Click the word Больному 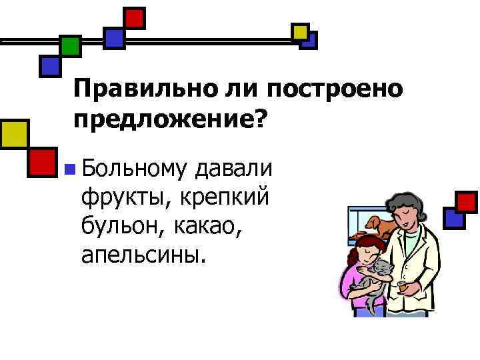133,167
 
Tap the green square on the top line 70,45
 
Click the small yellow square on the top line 300,31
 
